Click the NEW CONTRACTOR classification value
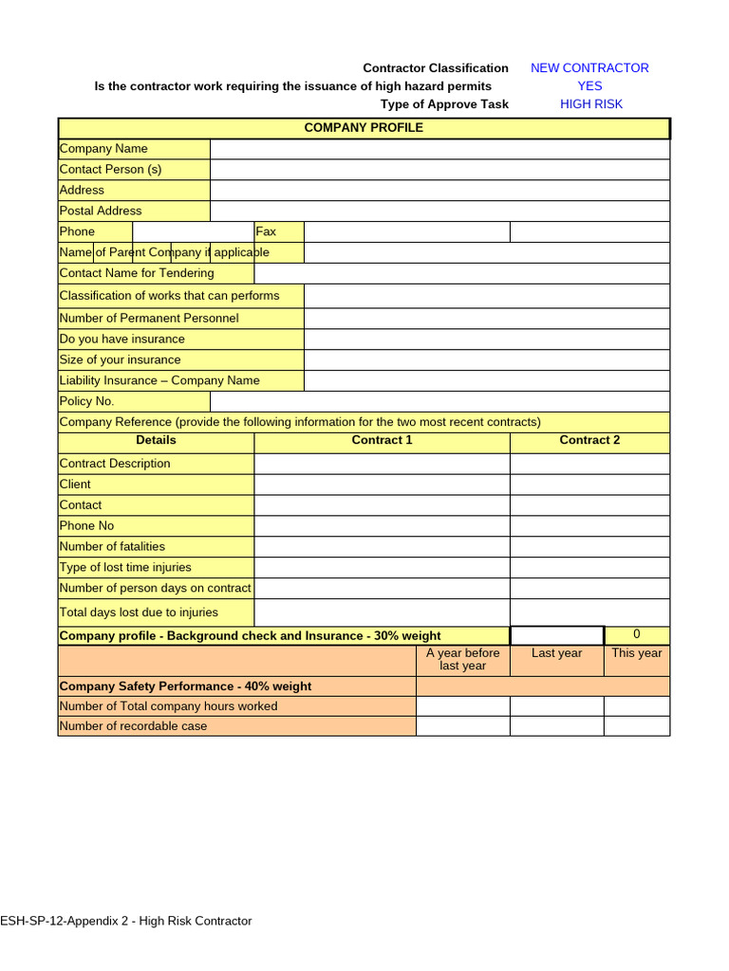click(589, 68)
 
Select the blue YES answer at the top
click(589, 86)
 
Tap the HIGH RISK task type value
click(591, 104)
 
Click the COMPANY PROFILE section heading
click(364, 128)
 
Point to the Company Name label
click(103, 149)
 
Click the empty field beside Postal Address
click(439, 211)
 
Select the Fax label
click(266, 231)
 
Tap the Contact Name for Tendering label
click(137, 273)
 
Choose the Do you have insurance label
click(122, 339)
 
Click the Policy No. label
click(86, 401)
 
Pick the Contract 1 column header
click(382, 440)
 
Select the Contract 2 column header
click(589, 440)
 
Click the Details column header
click(156, 440)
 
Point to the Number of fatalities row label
click(112, 546)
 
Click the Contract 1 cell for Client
click(382, 485)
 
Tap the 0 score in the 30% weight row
click(636, 634)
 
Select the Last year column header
click(556, 653)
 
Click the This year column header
click(636, 653)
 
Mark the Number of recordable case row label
click(133, 726)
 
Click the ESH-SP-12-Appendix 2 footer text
click(126, 921)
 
